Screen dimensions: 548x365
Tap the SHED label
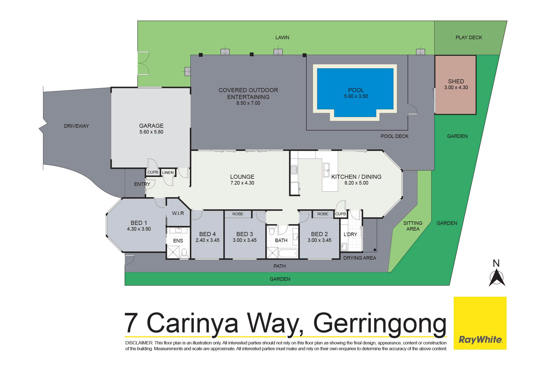[456, 81]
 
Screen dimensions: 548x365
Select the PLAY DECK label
[469, 38]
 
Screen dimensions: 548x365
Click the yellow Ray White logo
[480, 323]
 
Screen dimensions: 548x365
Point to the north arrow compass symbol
[497, 278]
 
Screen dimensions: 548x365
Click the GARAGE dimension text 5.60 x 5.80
[151, 132]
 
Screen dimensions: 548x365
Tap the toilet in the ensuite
[184, 253]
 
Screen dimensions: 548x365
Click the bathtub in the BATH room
[288, 253]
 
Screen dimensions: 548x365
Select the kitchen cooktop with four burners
[294, 170]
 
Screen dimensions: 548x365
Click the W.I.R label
[178, 213]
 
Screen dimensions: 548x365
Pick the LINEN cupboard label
[168, 172]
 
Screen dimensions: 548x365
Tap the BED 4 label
[207, 234]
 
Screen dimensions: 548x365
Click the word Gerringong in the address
[380, 324]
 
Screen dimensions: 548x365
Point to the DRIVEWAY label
[76, 126]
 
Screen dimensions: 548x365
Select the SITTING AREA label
[413, 226]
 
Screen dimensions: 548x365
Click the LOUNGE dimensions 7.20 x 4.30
[242, 183]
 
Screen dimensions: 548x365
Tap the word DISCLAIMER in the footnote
[139, 343]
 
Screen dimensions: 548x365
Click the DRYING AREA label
[359, 258]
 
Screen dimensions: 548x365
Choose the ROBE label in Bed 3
[238, 214]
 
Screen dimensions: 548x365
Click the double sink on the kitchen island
[327, 170]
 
